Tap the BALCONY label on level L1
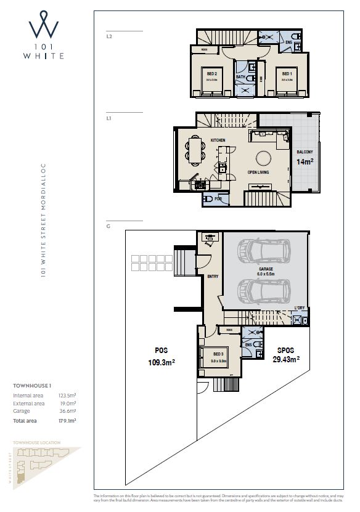(x=305, y=152)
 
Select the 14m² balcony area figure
(x=305, y=162)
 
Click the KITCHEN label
(x=218, y=140)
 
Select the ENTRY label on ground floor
(x=213, y=277)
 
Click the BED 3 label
(x=218, y=354)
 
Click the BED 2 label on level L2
(x=211, y=73)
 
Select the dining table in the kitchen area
(x=195, y=150)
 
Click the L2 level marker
(x=109, y=36)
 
